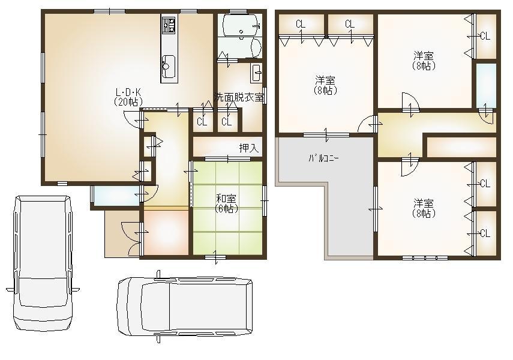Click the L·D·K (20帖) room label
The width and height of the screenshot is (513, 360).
click(x=128, y=97)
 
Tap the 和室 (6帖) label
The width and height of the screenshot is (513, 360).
click(x=227, y=204)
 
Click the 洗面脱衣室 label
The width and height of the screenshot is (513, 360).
click(x=240, y=96)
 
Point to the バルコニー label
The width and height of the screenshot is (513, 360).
click(x=324, y=159)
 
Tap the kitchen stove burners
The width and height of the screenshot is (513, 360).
click(x=168, y=25)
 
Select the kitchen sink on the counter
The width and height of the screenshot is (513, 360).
click(x=169, y=63)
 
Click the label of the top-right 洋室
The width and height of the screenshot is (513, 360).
click(x=424, y=61)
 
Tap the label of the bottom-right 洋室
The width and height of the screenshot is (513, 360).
click(x=424, y=208)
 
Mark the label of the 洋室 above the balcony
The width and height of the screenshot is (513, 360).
click(x=325, y=85)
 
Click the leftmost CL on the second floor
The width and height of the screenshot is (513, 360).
click(x=301, y=24)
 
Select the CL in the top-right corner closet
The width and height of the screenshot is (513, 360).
click(x=485, y=35)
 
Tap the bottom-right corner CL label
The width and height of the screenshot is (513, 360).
click(x=485, y=233)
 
